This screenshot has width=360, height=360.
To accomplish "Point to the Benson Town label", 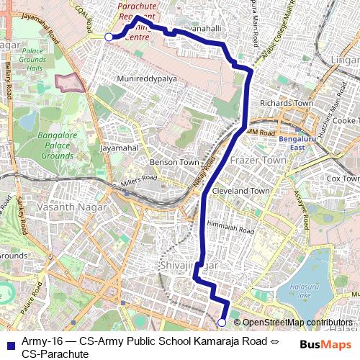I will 174,163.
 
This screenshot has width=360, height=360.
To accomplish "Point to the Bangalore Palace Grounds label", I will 57,145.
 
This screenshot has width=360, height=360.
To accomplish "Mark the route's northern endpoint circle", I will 109,37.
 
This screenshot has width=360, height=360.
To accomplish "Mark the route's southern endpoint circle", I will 222,322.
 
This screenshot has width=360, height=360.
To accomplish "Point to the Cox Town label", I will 343,178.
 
